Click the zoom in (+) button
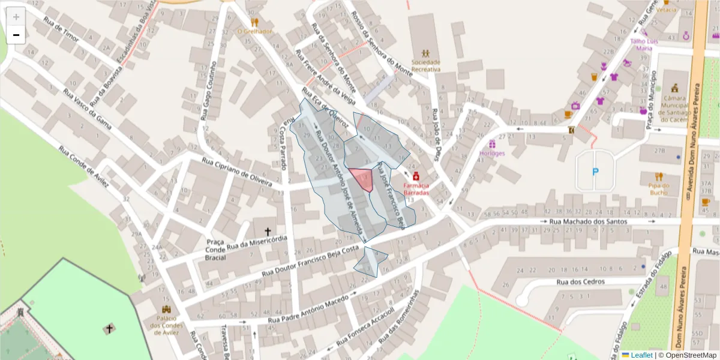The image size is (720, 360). (16, 17)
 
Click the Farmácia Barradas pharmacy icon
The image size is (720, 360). (416, 177)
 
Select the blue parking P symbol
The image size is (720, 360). (595, 172)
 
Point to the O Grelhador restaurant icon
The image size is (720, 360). (254, 22)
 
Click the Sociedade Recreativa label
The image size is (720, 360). (426, 65)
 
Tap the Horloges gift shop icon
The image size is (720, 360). (493, 144)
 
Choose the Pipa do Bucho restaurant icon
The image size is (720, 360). (659, 176)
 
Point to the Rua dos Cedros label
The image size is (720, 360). (580, 281)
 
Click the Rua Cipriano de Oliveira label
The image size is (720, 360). (241, 172)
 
